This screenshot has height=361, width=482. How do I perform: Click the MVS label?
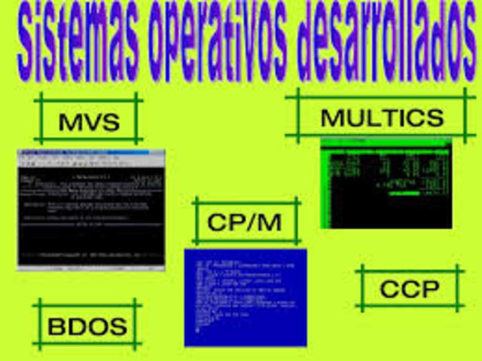click(89, 120)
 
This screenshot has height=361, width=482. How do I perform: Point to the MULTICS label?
click(382, 118)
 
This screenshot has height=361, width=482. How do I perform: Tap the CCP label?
click(410, 288)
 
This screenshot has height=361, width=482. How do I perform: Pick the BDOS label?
click(87, 326)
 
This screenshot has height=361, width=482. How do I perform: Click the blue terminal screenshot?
click(246, 297)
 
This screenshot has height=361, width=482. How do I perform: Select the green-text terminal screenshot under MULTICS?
click(386, 183)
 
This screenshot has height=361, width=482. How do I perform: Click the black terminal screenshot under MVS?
click(90, 209)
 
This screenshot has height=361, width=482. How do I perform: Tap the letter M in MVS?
click(69, 120)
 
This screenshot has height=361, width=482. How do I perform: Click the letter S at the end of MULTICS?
click(434, 118)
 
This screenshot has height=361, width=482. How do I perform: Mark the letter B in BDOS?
click(57, 326)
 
